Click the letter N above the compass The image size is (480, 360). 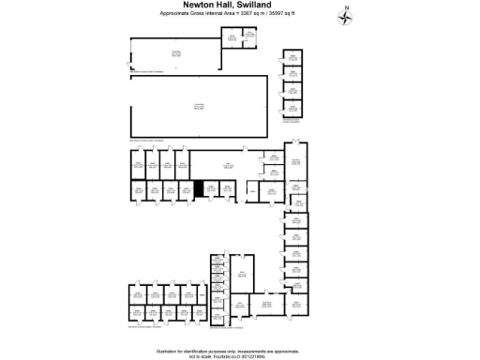pyautogui.click(x=347, y=7)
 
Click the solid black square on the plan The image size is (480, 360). pyautogui.click(x=198, y=188)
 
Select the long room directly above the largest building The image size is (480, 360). pyautogui.click(x=174, y=53)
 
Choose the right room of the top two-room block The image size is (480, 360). pyautogui.click(x=248, y=37)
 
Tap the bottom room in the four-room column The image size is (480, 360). pyautogui.click(x=292, y=109)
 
